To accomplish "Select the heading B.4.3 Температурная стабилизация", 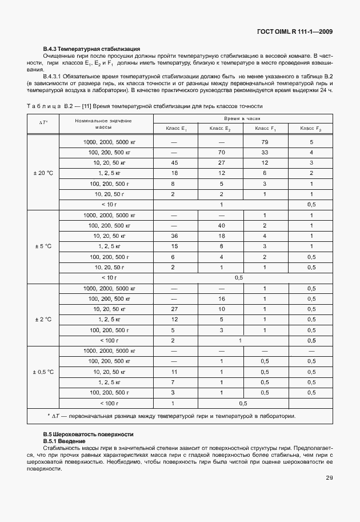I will pyautogui.click(x=91, y=49).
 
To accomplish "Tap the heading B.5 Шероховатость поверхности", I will pyautogui.click(x=88, y=435).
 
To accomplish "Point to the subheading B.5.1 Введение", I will pyautogui.click(x=64, y=441).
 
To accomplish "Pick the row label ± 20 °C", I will pyautogui.click(x=43, y=173).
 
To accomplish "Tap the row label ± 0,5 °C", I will pyautogui.click(x=43, y=372).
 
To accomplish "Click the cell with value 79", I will pyautogui.click(x=265, y=142).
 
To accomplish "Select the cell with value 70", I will pyautogui.click(x=221, y=152).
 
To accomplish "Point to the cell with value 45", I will pyautogui.click(x=175, y=162).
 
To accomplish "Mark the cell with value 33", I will pyautogui.click(x=265, y=152).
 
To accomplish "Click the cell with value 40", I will pyautogui.click(x=221, y=225).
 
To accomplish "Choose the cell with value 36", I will pyautogui.click(x=175, y=236).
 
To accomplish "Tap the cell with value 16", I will pyautogui.click(x=221, y=298).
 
